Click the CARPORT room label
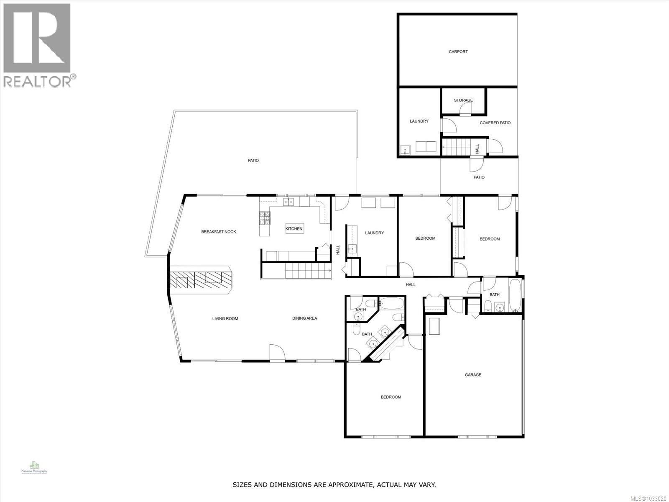click(458, 52)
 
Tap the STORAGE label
click(463, 100)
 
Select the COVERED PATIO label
click(495, 123)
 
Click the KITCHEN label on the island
click(294, 229)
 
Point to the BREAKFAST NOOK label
click(219, 232)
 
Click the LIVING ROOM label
click(225, 319)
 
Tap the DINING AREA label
click(304, 318)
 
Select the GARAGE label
click(473, 375)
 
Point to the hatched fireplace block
click(201, 280)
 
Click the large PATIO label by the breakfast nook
click(253, 161)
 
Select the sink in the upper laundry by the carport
click(405, 149)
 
